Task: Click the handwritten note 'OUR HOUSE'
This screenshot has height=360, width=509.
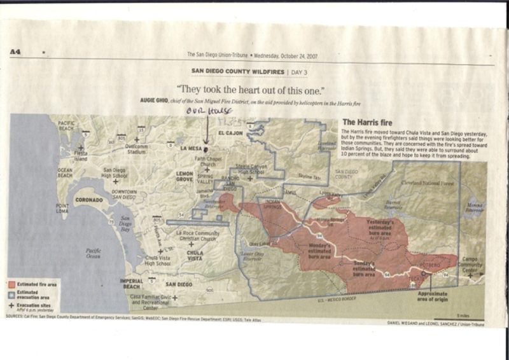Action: (205, 112)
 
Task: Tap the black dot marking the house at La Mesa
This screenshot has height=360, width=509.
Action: (206, 146)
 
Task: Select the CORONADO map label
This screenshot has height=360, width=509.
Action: (89, 200)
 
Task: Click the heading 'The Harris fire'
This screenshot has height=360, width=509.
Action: (370, 121)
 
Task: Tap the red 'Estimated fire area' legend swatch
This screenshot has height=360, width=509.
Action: (13, 284)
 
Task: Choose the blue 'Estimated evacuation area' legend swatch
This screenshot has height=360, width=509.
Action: (13, 294)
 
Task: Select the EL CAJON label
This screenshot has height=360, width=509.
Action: (230, 134)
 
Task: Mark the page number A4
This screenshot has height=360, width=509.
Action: (15, 52)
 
